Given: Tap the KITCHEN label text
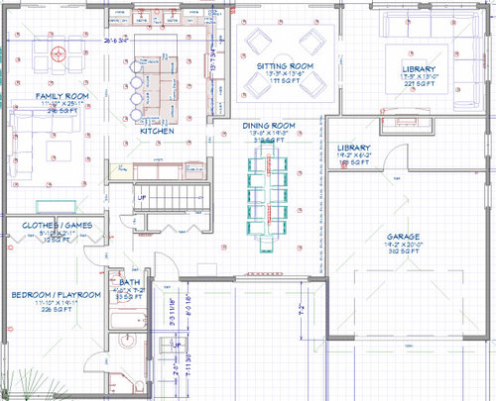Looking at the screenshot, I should pyautogui.click(x=157, y=131).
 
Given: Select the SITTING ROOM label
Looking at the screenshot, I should pyautogui.click(x=285, y=66).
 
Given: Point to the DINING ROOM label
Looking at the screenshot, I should pyautogui.click(x=269, y=126).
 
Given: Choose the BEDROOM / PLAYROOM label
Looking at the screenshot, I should pyautogui.click(x=56, y=295).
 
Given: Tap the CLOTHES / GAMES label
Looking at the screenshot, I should pyautogui.click(x=57, y=226).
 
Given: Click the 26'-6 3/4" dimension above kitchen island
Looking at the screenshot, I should pyautogui.click(x=117, y=42).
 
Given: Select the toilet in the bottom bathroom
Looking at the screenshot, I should pyautogui.click(x=121, y=386).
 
